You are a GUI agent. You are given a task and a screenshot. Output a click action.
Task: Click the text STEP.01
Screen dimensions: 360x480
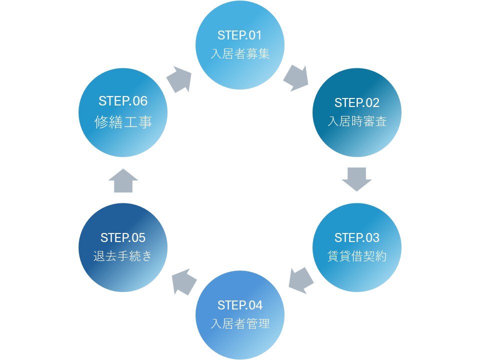(x=240, y=35)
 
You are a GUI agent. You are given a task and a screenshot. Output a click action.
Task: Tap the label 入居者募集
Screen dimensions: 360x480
(x=240, y=54)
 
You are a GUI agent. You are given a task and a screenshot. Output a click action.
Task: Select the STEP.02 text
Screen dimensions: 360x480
(x=357, y=103)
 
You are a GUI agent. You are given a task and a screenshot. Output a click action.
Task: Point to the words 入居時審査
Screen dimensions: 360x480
(x=357, y=121)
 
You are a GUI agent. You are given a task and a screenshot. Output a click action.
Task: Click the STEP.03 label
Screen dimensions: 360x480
(x=357, y=237)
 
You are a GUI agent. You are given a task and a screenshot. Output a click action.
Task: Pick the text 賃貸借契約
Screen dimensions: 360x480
(x=357, y=256)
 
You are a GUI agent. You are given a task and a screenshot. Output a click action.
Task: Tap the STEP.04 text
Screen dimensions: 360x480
(x=240, y=305)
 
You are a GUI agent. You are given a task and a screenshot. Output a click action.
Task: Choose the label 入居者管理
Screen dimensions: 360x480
(x=240, y=323)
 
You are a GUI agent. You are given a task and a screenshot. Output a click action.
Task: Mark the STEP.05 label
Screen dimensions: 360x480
(x=123, y=237)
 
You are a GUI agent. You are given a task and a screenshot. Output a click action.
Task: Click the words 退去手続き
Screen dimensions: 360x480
(x=123, y=256)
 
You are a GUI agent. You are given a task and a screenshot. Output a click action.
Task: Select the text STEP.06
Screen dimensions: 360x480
(x=123, y=100)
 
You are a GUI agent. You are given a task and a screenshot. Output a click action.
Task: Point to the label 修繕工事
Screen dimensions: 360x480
(x=123, y=121)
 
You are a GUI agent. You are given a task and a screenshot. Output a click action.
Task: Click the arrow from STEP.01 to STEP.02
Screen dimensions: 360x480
(x=296, y=78)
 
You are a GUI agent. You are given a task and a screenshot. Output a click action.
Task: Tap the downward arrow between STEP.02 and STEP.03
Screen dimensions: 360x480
(x=357, y=179)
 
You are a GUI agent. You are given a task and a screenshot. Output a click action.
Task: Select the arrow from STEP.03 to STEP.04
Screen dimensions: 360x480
(x=301, y=280)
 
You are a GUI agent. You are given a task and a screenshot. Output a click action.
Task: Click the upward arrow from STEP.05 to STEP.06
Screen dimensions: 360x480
(x=123, y=180)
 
